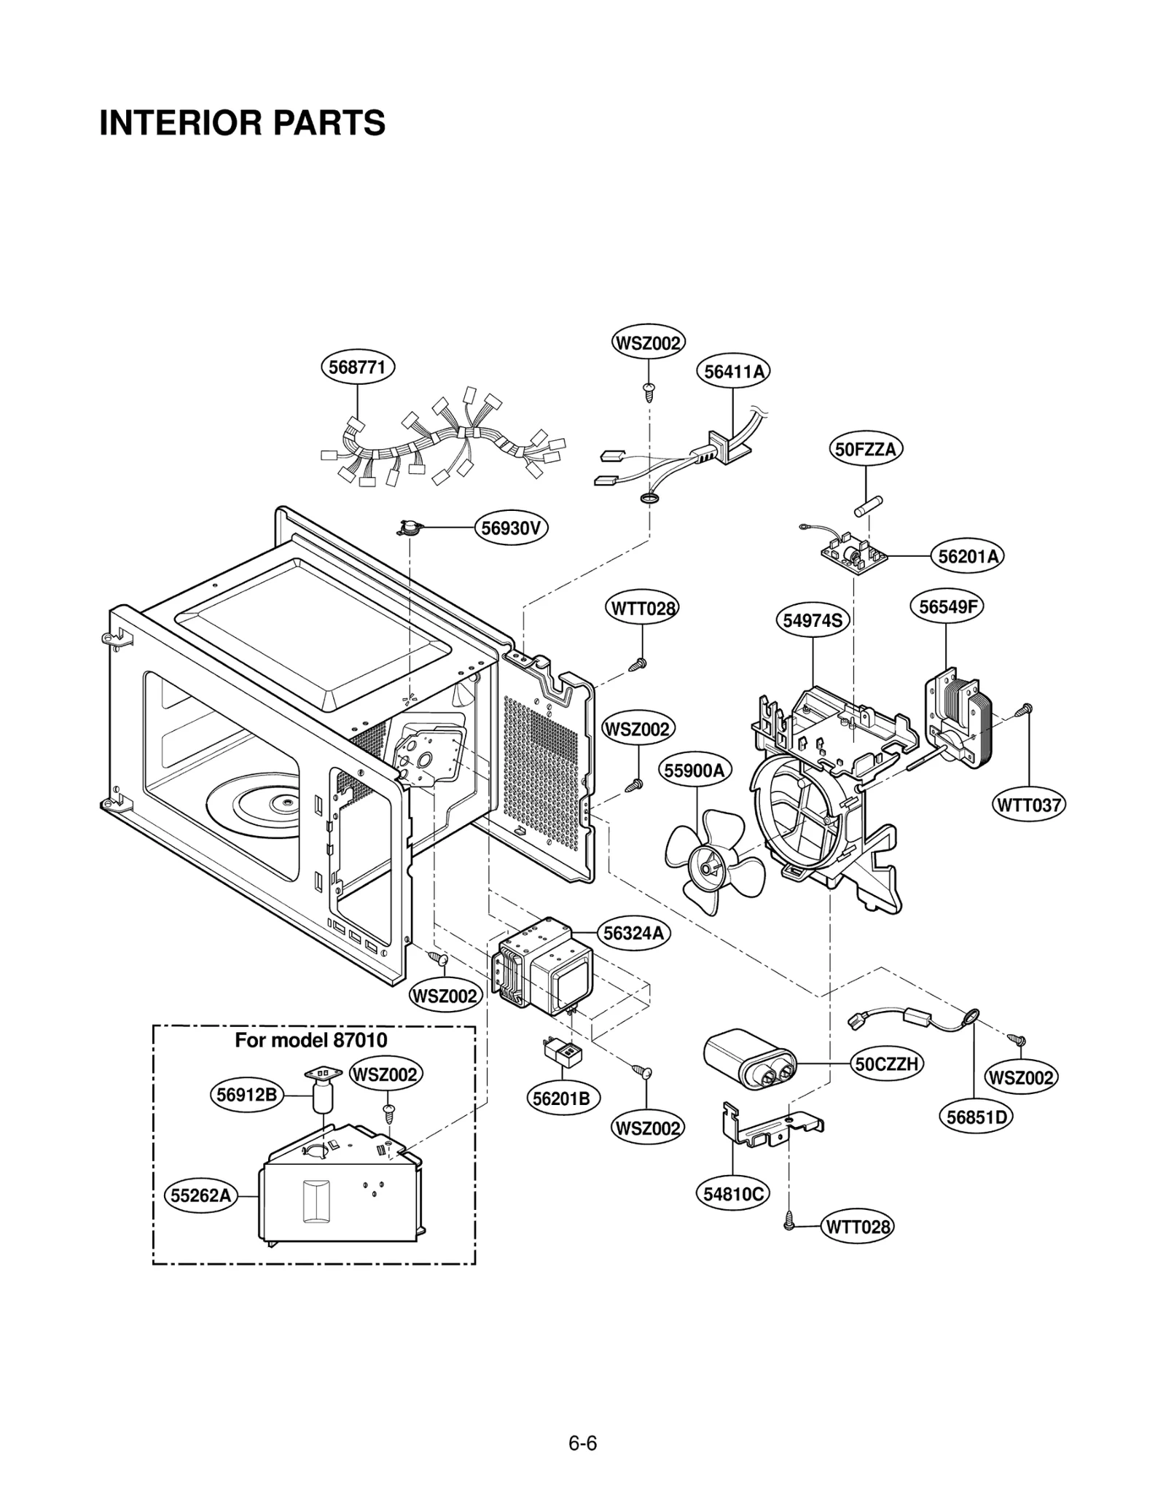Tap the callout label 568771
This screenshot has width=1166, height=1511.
[x=357, y=367]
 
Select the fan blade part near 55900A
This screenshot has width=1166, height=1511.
[x=713, y=864]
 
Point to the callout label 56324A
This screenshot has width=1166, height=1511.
[x=634, y=932]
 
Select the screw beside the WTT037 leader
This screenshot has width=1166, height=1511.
[x=1026, y=707]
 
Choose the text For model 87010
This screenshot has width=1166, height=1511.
[x=310, y=1039]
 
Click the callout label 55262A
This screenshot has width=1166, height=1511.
[x=201, y=1195]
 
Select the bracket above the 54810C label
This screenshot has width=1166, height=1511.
[x=769, y=1129]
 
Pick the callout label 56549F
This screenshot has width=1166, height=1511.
[x=946, y=606]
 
